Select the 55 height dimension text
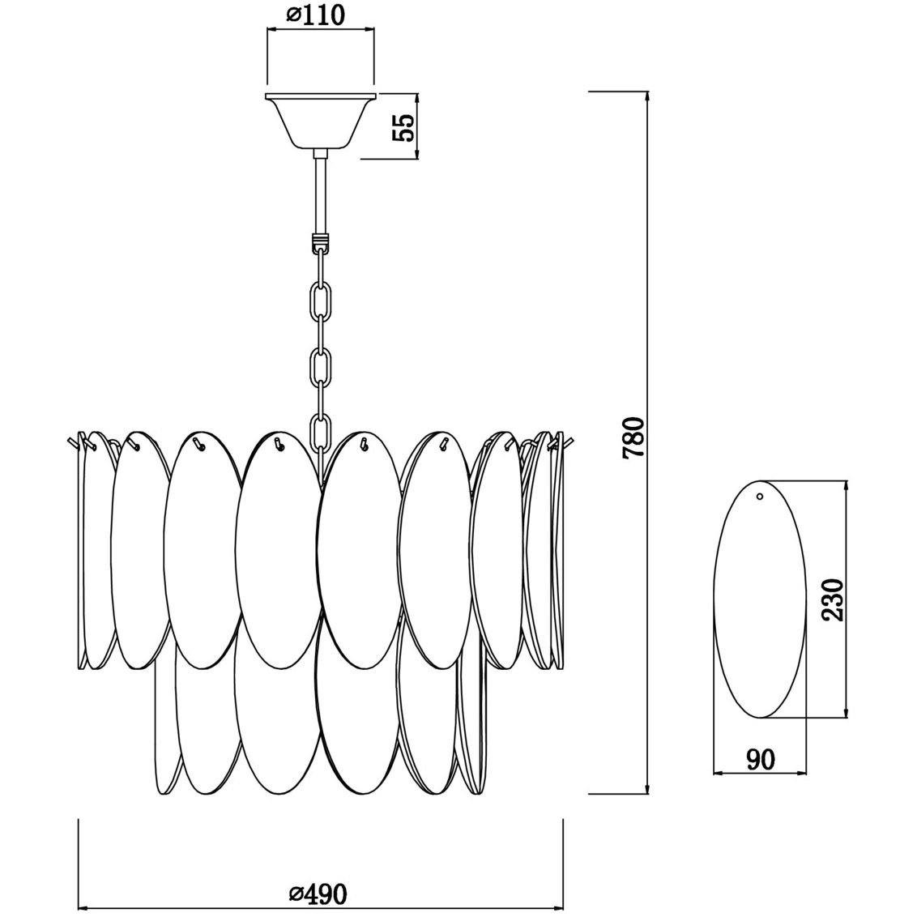tap(403, 127)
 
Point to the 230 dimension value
tap(832, 599)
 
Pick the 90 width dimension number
tap(761, 759)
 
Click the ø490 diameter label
tap(318, 893)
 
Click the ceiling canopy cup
tap(321, 121)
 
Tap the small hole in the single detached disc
tap(760, 497)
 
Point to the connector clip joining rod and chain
tap(321, 241)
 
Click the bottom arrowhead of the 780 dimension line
tap(648, 786)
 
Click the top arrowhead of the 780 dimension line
tap(648, 100)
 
